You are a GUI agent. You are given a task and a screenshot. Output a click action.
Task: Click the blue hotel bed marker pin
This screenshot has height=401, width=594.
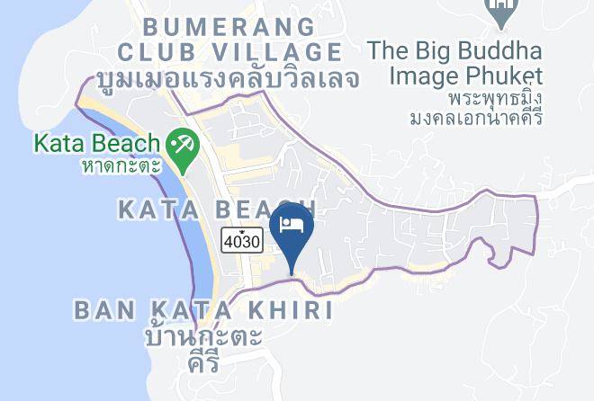pyautogui.click(x=292, y=225)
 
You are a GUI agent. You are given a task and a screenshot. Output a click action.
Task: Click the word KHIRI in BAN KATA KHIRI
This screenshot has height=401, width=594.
pyautogui.click(x=287, y=311)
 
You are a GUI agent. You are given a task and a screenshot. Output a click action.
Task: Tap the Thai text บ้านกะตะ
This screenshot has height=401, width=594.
pyautogui.click(x=203, y=338)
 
